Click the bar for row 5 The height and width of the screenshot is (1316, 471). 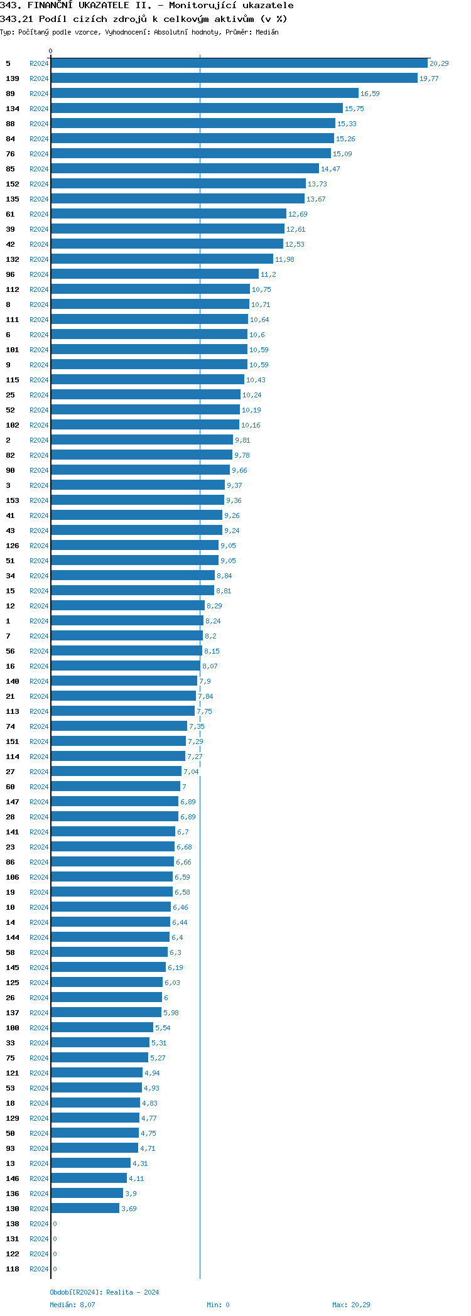click(239, 63)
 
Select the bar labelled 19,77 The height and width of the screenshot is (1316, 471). click(234, 78)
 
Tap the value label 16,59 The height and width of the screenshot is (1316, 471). click(370, 94)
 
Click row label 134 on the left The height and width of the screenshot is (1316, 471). click(13, 109)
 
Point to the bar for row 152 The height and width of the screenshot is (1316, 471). click(178, 184)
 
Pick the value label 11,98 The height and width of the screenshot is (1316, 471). click(284, 259)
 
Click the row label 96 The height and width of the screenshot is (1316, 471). click(10, 274)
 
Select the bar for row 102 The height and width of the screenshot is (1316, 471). click(144, 425)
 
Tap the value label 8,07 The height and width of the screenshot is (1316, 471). click(210, 666)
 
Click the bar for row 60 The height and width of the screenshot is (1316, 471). click(115, 787)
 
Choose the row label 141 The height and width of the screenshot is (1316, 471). click(13, 832)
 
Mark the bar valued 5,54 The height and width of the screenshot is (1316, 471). click(102, 1028)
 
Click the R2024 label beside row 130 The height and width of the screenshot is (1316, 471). click(39, 1209)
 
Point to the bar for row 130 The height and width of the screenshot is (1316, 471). click(85, 1209)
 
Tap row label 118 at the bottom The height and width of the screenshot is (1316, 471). click(13, 1269)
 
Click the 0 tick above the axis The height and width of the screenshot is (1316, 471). click(51, 51)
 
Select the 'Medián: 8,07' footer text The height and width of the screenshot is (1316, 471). click(73, 1305)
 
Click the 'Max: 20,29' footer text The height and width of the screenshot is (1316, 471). click(351, 1305)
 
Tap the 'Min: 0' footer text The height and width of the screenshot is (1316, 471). click(218, 1305)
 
